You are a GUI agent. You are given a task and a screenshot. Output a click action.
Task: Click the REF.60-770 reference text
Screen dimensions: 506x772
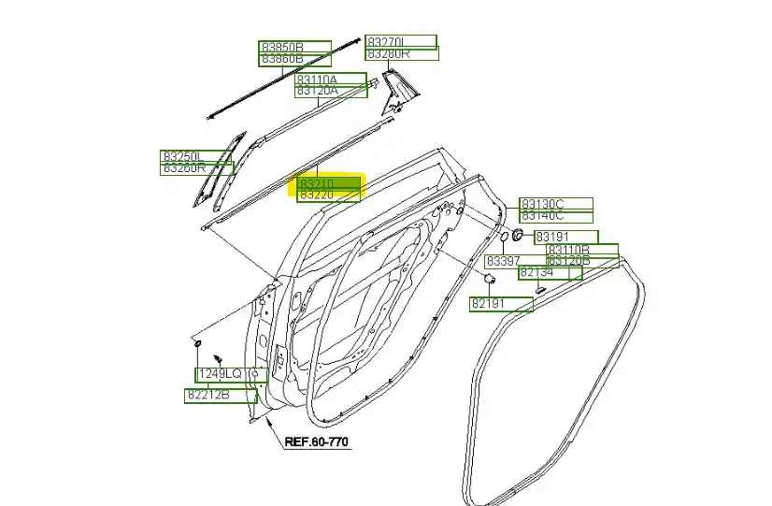[x=318, y=441]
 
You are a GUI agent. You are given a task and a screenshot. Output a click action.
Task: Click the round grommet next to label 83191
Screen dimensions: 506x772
[x=515, y=235]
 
